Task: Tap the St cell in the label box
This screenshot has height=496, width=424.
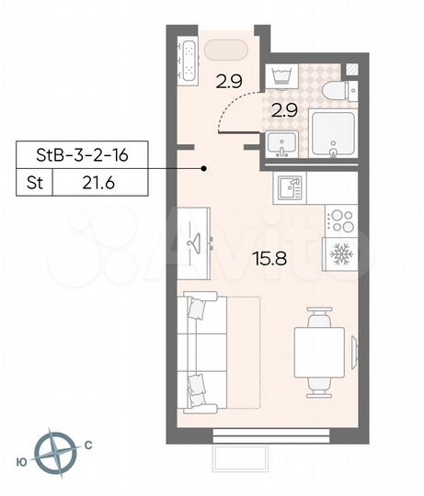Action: [35, 183]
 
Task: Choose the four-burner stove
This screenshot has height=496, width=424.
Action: [340, 221]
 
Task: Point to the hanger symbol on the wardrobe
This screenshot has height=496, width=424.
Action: [194, 242]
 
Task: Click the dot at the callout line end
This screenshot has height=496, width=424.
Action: [205, 168]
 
